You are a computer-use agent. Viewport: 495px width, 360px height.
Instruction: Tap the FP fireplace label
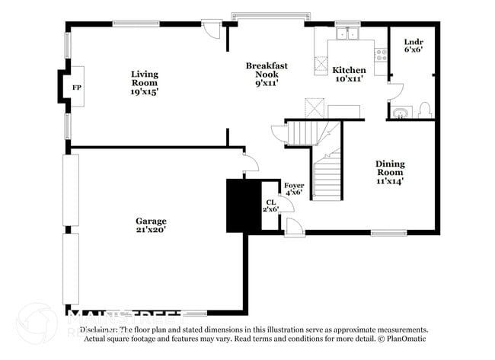[x=77, y=88]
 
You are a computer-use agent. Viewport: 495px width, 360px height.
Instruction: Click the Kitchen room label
[x=349, y=70]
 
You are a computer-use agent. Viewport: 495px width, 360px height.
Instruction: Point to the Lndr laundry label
[x=413, y=41]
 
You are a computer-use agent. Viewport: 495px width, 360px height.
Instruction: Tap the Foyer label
[x=294, y=185]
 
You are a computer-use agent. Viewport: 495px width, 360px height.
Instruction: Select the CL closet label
[x=270, y=202]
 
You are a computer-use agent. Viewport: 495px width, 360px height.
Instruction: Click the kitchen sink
[x=348, y=33]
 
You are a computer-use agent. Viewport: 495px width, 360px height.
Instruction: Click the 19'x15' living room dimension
[x=144, y=91]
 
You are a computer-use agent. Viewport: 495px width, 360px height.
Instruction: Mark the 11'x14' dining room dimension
[x=389, y=181]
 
